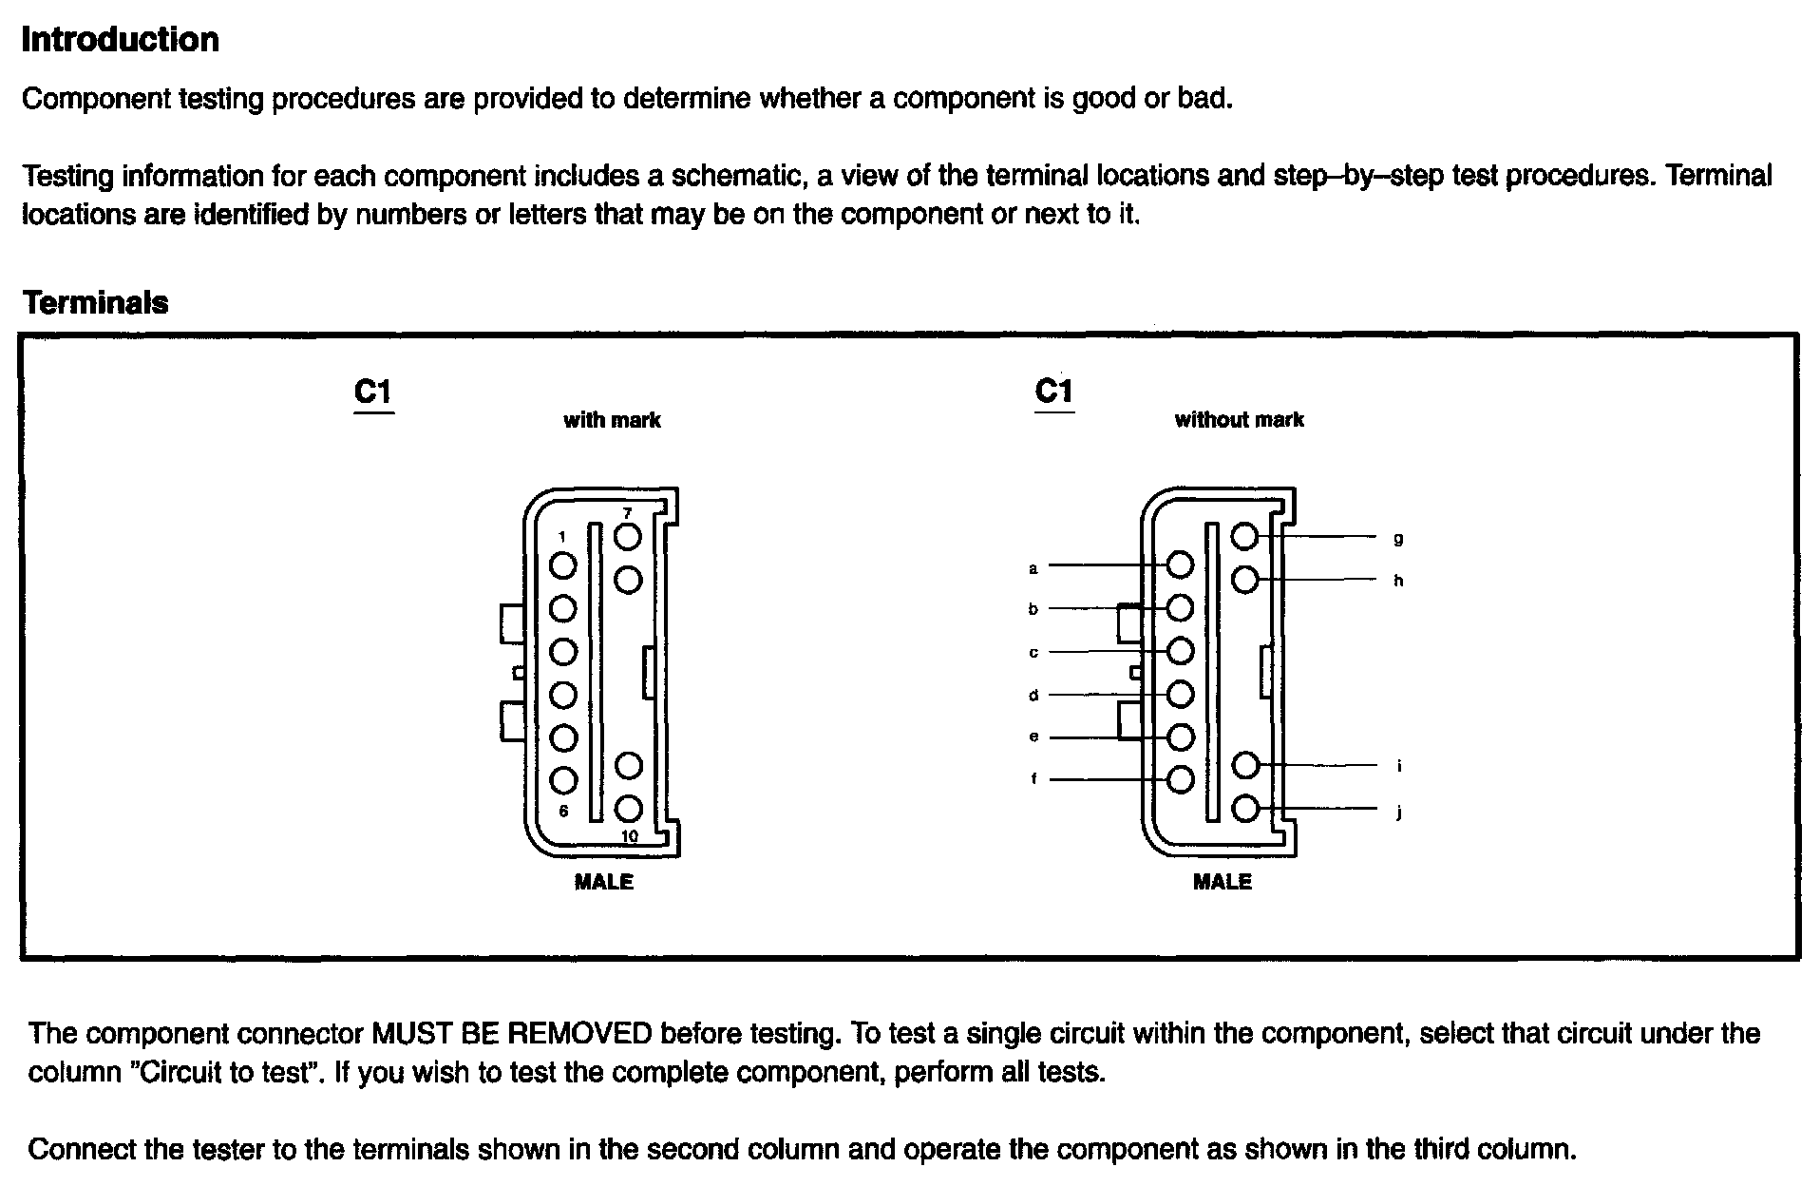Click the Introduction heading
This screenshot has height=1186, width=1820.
120,40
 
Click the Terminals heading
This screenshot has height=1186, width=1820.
95,303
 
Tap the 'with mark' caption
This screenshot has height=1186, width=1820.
612,420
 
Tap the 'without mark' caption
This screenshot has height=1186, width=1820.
1239,420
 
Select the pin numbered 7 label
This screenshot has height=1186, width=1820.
627,513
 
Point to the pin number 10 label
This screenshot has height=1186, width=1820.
629,837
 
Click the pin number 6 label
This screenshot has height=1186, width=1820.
563,811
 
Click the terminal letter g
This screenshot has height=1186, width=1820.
1398,539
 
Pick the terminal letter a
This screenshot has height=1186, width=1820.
1033,569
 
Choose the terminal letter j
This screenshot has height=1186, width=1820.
1399,813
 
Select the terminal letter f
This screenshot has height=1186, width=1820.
1033,779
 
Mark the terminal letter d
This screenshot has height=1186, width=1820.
1033,696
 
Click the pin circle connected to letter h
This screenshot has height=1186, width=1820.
1244,580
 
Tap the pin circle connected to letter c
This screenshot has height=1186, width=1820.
1180,651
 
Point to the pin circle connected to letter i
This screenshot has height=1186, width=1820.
1244,765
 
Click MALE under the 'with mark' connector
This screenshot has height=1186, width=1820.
604,882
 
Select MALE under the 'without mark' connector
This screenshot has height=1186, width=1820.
1223,882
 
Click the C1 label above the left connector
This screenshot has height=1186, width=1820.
372,392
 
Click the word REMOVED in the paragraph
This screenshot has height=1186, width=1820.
582,1033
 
